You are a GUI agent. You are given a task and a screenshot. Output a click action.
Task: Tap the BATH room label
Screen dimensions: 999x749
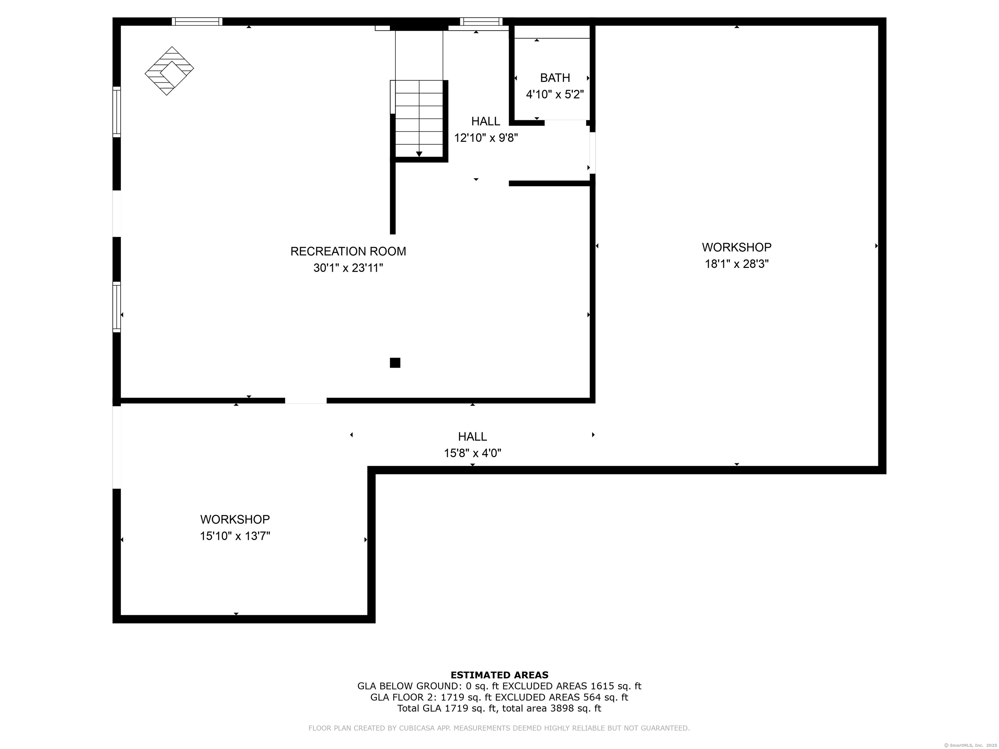pos(555,78)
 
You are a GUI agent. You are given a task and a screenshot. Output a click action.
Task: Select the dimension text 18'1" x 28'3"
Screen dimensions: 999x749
pos(737,264)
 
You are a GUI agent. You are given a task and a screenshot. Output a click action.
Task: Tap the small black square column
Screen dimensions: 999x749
pos(395,362)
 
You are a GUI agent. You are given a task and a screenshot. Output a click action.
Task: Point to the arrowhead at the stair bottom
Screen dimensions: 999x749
pos(419,154)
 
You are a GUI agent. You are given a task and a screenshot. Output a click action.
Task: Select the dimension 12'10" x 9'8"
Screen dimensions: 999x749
pos(486,138)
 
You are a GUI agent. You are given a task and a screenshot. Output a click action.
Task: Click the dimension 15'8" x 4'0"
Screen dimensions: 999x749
pos(473,453)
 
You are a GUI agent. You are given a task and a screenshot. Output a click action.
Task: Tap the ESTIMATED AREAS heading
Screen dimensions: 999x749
pos(499,675)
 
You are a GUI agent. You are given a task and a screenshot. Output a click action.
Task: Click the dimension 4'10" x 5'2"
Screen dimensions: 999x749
pos(555,94)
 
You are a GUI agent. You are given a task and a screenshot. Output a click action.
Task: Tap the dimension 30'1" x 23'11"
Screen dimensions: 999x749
pos(348,268)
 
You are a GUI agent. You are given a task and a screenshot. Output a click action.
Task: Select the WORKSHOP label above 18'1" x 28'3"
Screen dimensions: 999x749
pos(737,247)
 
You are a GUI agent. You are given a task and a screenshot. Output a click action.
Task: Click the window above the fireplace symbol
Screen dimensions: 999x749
pos(197,21)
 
